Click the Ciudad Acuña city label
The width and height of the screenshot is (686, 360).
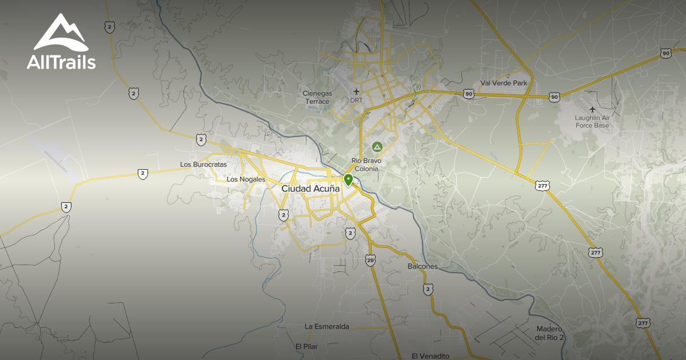point(310,188)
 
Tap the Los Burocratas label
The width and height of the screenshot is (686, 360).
point(203,165)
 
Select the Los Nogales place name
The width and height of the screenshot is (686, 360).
point(246,179)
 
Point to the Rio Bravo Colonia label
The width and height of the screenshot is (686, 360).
point(365,165)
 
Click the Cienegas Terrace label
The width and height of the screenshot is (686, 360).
point(317,98)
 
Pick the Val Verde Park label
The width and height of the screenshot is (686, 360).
point(504,83)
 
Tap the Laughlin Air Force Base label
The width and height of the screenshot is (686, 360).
point(592,121)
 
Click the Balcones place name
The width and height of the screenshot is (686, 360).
point(422,266)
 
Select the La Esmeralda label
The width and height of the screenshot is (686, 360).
point(326,326)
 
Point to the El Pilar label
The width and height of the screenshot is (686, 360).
point(306,346)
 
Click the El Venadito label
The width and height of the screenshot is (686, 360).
point(430,356)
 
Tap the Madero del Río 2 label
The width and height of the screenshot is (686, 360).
point(550,333)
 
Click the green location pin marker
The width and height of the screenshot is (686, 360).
point(348,181)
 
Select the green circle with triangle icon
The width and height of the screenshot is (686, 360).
point(377,147)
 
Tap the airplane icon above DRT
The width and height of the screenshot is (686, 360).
point(357,91)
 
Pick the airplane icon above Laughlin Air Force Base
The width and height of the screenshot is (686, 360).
point(592,109)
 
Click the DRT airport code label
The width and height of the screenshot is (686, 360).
point(356,101)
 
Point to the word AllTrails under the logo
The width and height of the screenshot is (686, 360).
point(61,62)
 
